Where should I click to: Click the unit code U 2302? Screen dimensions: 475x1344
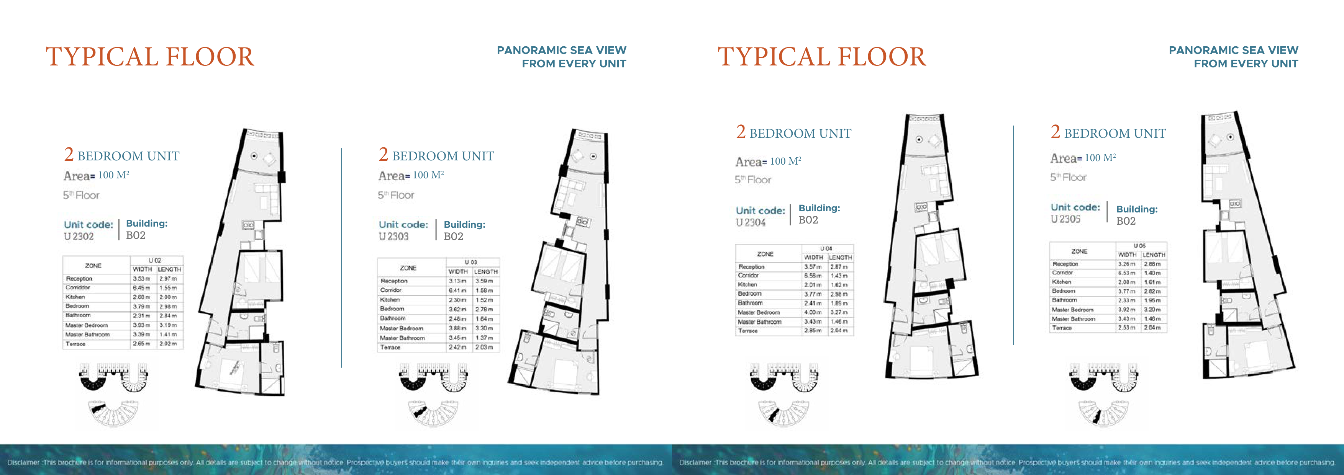[79, 237]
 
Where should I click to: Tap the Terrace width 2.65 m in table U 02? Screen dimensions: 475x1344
[141, 344]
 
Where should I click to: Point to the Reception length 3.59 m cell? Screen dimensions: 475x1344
[484, 281]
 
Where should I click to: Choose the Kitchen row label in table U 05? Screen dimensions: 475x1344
[1061, 282]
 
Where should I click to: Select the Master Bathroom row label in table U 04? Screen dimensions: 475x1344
[759, 322]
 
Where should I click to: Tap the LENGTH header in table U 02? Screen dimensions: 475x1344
[170, 269]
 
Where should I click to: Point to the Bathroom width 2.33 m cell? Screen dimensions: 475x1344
[1126, 300]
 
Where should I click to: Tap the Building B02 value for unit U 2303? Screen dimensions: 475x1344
[453, 237]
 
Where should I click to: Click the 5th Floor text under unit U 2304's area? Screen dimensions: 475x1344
[752, 180]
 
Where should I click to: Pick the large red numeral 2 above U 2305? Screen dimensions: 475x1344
[1055, 132]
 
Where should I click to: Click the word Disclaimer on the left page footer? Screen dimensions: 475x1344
[23, 462]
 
